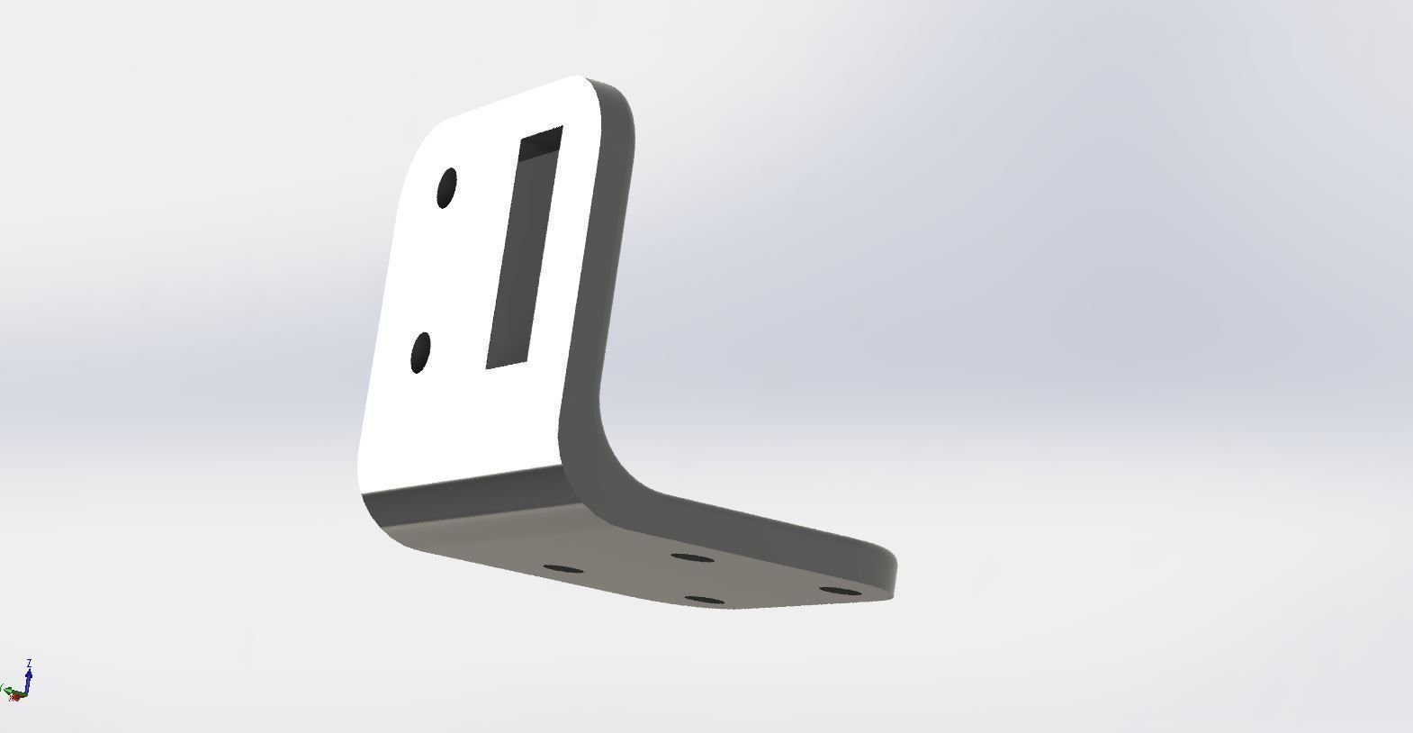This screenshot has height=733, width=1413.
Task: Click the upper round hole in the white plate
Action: (x=446, y=188)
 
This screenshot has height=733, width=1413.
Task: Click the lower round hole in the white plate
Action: (x=420, y=352)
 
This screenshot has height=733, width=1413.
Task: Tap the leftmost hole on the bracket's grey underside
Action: (x=564, y=569)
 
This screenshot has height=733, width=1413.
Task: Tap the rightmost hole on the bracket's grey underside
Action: (x=842, y=592)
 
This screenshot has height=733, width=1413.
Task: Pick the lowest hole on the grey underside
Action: (x=704, y=600)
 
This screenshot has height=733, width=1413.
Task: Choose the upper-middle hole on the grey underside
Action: (x=692, y=558)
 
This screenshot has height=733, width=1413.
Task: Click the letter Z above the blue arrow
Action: (x=30, y=664)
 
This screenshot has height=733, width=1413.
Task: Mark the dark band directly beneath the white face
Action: (x=459, y=486)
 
